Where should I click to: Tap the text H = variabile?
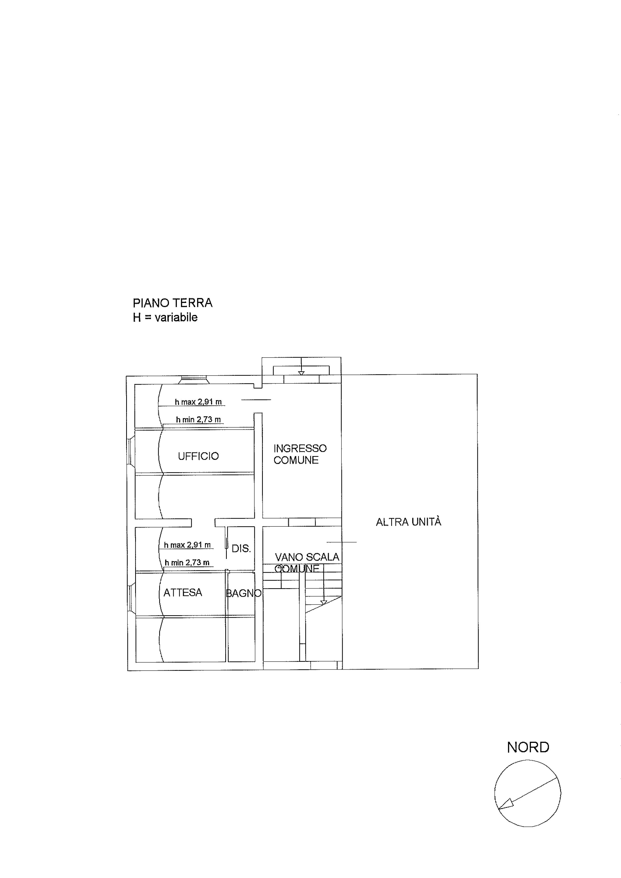pos(165,317)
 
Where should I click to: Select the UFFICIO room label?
pos(198,456)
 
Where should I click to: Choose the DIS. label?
pos(241,548)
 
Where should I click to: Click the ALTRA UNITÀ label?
pos(409,522)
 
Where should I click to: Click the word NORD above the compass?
pos(528,747)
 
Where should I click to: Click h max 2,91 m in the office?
pos(198,402)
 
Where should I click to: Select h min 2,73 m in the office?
pos(198,420)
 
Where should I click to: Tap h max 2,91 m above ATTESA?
pos(187,545)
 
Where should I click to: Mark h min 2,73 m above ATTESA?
pos(187,562)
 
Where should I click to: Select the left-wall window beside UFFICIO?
pos(130,452)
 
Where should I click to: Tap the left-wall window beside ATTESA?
pos(130,599)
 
